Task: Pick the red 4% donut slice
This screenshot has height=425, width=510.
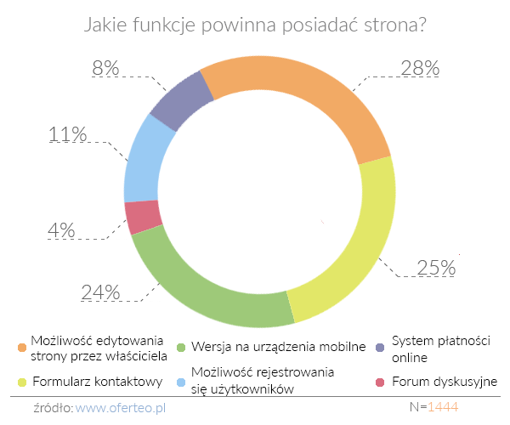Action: [x=143, y=217]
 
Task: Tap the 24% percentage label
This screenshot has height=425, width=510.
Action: [x=101, y=292]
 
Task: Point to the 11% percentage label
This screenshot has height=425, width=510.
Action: [x=68, y=134]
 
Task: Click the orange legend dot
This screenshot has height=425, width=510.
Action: [x=21, y=347]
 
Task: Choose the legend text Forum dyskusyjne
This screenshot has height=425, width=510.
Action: [x=444, y=382]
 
